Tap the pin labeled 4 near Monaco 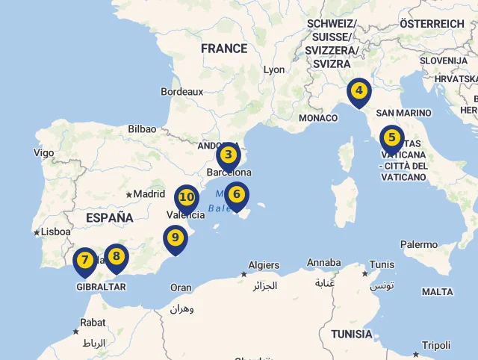[x=359, y=92]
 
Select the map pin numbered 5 [x=391, y=137]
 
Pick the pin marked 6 [x=237, y=195]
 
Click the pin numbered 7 [x=85, y=261]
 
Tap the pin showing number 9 [x=176, y=238]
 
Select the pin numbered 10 [x=187, y=198]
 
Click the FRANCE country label [x=224, y=49]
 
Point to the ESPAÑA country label [x=109, y=218]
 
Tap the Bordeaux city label [x=181, y=92]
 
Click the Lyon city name [x=274, y=69]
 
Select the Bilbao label [x=142, y=129]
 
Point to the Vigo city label [x=44, y=153]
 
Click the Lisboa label [x=55, y=232]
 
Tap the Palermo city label [x=419, y=244]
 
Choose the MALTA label [x=437, y=292]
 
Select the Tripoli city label [x=436, y=345]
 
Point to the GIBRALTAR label [x=101, y=286]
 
